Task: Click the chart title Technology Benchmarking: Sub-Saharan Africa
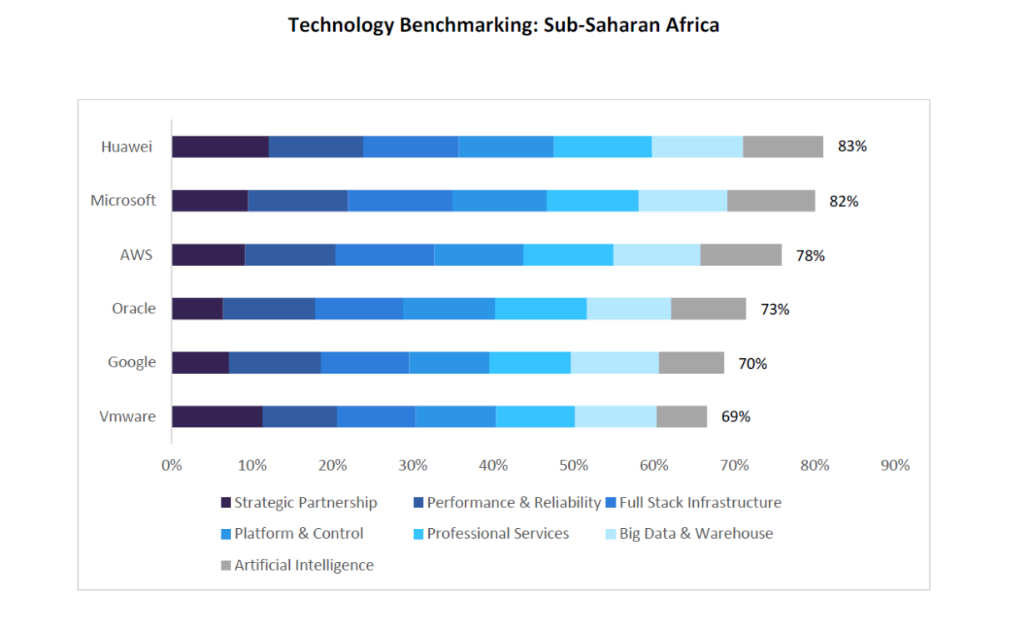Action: pyautogui.click(x=503, y=25)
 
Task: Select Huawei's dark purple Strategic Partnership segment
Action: pyautogui.click(x=220, y=147)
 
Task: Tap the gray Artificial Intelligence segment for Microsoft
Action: pyautogui.click(x=771, y=201)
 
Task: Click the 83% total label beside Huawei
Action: pyautogui.click(x=852, y=147)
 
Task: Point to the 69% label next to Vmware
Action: pyautogui.click(x=736, y=416)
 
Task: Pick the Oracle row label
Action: pyautogui.click(x=134, y=308)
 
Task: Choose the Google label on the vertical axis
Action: pyautogui.click(x=132, y=362)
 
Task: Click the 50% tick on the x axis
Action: pyautogui.click(x=574, y=466)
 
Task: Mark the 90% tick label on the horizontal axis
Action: pyautogui.click(x=896, y=466)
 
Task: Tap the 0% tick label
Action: pyautogui.click(x=172, y=466)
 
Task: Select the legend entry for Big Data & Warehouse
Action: pyautogui.click(x=696, y=534)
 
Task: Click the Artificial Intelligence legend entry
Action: pyautogui.click(x=304, y=566)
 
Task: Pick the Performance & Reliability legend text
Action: pyautogui.click(x=513, y=503)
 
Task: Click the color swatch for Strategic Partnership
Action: pyautogui.click(x=226, y=503)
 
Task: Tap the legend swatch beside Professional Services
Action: pyautogui.click(x=418, y=534)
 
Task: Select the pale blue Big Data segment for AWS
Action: pyautogui.click(x=656, y=255)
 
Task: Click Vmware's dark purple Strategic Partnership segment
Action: pyautogui.click(x=217, y=416)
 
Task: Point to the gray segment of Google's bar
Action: pyautogui.click(x=691, y=362)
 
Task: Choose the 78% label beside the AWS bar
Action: pyautogui.click(x=810, y=256)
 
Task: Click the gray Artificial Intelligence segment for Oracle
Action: pyautogui.click(x=708, y=308)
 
